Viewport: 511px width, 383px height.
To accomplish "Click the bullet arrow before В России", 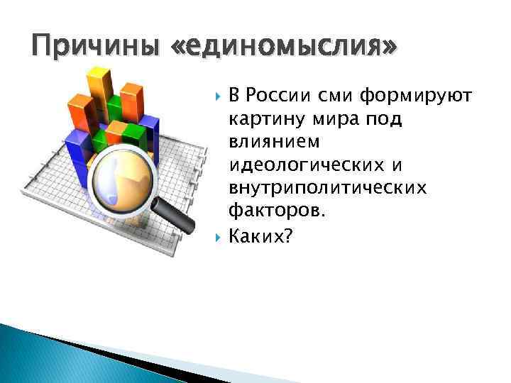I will tap(216, 96).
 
